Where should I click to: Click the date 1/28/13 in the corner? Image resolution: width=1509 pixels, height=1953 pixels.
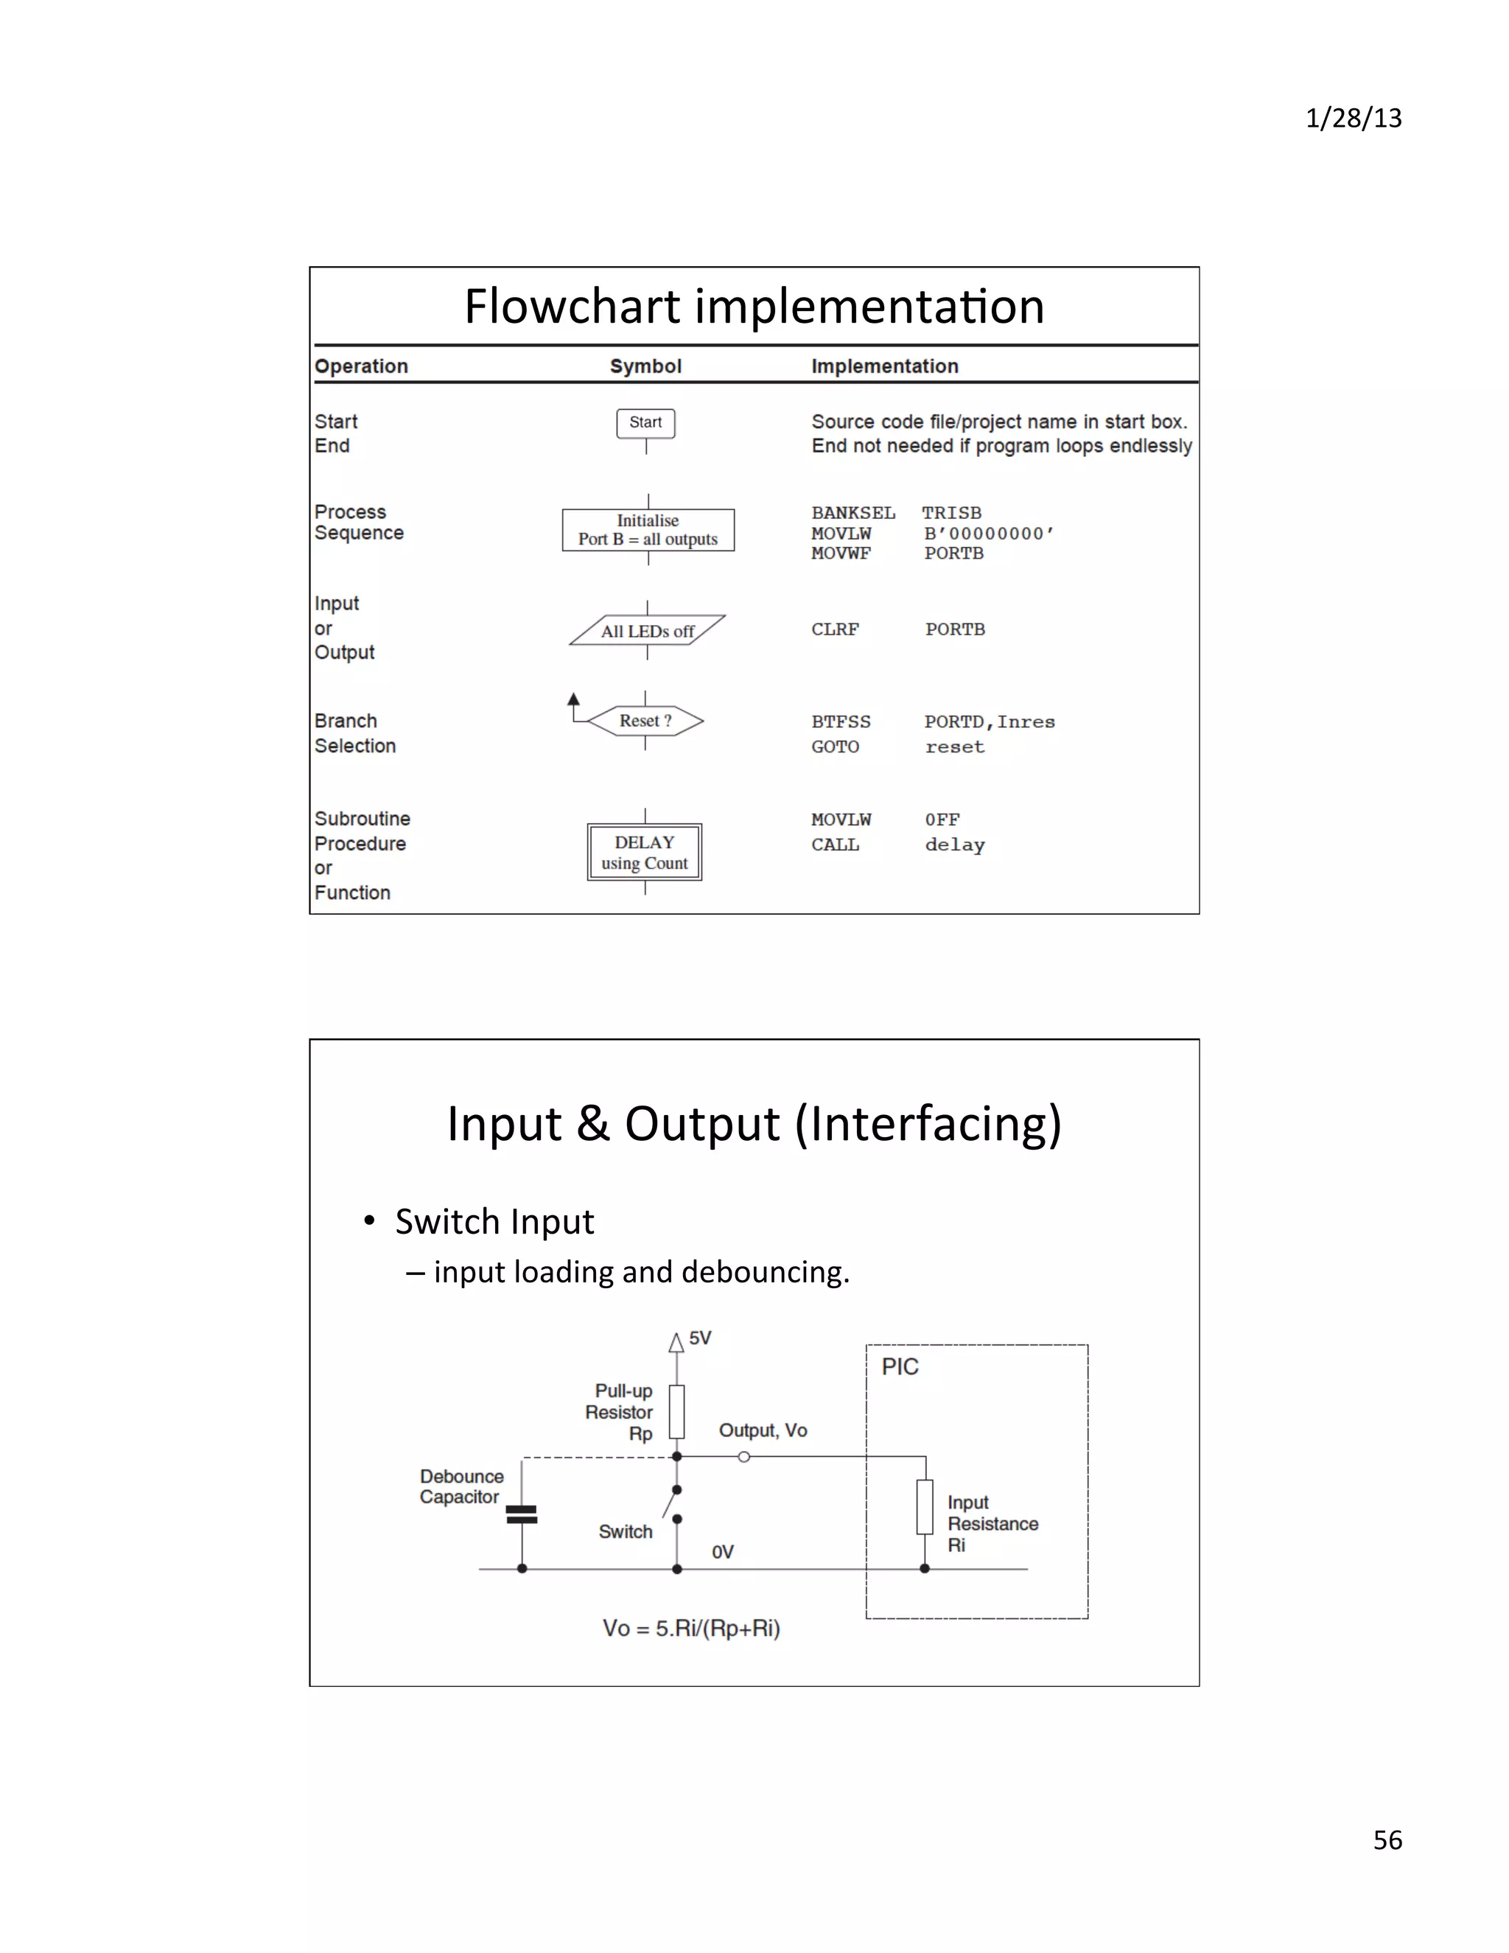[x=1353, y=118]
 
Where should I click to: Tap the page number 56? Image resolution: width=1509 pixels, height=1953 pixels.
[x=1387, y=1840]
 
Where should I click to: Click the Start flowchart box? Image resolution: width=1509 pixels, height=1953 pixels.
[x=645, y=423]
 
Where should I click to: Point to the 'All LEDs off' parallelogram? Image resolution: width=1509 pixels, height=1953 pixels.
[x=647, y=630]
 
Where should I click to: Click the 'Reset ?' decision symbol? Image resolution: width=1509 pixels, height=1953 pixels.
[x=645, y=721]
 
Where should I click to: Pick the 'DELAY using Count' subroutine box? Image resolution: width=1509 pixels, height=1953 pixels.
[x=645, y=852]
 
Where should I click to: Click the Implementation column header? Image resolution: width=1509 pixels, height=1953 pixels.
[x=884, y=366]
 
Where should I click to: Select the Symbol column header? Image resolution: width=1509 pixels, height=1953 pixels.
[x=645, y=366]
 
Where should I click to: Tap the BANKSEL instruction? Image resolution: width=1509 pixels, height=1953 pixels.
[x=852, y=512]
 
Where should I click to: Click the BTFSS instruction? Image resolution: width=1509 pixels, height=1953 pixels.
[x=840, y=722]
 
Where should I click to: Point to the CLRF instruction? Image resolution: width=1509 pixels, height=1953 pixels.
[x=835, y=629]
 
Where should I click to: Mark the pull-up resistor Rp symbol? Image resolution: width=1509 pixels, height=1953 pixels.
[x=676, y=1412]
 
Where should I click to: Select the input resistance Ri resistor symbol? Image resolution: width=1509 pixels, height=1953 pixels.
[x=925, y=1507]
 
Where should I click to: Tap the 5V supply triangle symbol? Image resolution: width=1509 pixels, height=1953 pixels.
[x=676, y=1342]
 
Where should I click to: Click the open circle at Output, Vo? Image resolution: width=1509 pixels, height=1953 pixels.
[x=743, y=1457]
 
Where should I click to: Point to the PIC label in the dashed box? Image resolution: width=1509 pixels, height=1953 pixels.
[x=900, y=1366]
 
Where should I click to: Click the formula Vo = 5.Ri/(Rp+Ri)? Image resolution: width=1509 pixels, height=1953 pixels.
[x=691, y=1629]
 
